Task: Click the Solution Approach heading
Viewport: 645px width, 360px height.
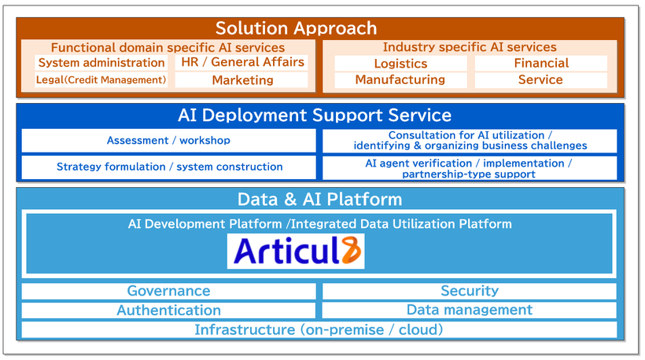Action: pos(296,28)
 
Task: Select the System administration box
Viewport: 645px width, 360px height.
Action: pos(101,63)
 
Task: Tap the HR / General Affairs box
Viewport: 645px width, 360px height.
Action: pos(241,62)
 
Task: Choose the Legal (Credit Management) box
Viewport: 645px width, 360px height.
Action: pos(101,79)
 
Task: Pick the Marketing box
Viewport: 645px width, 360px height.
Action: pos(241,79)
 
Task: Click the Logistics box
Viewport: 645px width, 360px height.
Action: pos(400,64)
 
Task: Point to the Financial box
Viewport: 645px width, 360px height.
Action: pos(540,63)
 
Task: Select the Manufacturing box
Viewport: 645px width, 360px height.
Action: pos(400,79)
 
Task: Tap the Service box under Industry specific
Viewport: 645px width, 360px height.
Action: pos(540,79)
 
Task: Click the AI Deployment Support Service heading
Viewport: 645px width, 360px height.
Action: pos(314,116)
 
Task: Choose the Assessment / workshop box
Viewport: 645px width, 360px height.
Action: pos(168,141)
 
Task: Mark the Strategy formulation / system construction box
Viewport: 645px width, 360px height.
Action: pos(168,167)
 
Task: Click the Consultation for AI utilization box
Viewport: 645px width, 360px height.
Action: pos(470,141)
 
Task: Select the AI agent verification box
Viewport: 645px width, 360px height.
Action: pos(470,167)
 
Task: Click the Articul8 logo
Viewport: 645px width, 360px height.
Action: pos(296,252)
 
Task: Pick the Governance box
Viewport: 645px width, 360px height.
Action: pos(168,291)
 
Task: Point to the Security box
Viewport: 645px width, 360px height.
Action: pos(470,291)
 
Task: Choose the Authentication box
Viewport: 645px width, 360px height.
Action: pos(168,310)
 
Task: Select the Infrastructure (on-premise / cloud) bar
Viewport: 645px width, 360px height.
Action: pos(319,329)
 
